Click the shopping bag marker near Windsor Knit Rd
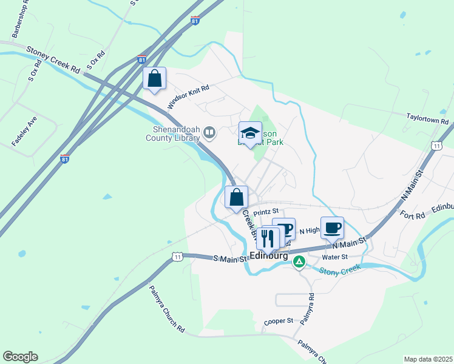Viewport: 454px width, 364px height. [155, 78]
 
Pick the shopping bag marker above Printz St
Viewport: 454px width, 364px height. [236, 197]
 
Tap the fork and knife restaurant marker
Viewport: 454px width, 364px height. [268, 238]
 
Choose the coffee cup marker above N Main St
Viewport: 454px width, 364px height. [332, 228]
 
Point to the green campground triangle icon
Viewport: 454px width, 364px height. [299, 262]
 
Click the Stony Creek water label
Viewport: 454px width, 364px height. [340, 269]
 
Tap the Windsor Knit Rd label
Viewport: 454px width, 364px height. [189, 96]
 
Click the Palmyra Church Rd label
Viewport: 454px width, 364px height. [167, 309]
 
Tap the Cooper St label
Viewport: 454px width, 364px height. [279, 320]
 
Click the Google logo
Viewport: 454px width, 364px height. [20, 357]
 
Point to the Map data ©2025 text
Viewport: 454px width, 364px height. [428, 359]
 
